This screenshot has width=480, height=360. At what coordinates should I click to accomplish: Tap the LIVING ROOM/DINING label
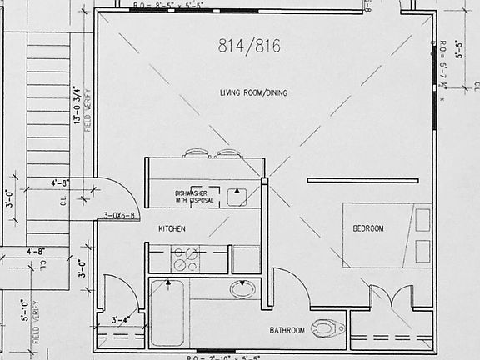pos(253,92)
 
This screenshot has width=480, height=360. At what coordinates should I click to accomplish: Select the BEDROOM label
pos(367,228)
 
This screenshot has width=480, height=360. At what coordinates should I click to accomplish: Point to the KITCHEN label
pos(172,228)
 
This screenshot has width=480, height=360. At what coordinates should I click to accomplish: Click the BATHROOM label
pos(287,331)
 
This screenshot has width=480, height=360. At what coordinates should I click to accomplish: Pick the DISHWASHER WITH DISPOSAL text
pos(195,197)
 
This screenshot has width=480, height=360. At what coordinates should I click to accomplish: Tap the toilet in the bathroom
pos(327,327)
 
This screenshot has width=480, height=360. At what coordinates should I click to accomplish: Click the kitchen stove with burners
pos(185,259)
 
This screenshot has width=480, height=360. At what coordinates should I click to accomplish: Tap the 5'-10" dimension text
pos(22,317)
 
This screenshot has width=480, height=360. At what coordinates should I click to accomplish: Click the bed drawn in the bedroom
pos(387,234)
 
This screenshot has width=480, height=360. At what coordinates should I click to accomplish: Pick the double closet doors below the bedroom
pos(390,297)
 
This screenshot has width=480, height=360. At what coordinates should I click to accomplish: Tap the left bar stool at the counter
pos(196,153)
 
